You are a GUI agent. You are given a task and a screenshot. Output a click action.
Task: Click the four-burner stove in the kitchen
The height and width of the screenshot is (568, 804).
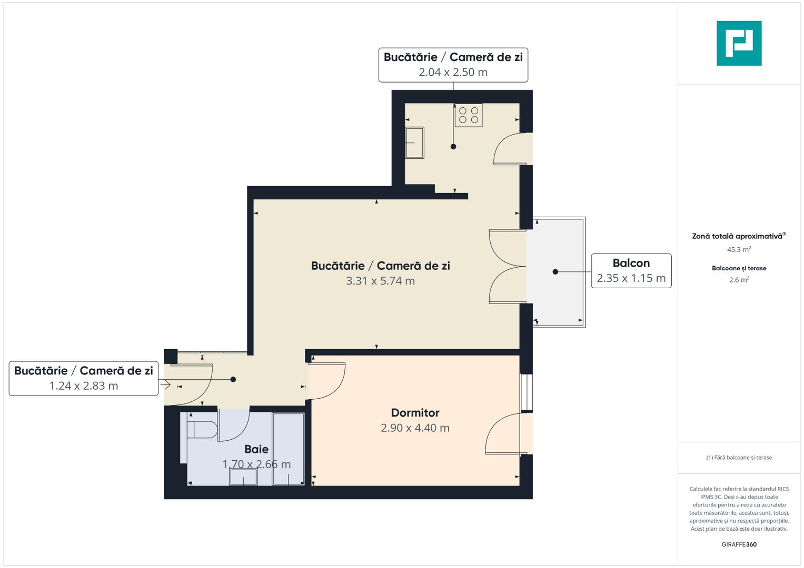[x=468, y=115]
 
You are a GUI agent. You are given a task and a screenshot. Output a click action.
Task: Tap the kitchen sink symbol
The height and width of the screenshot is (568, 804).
[x=414, y=143]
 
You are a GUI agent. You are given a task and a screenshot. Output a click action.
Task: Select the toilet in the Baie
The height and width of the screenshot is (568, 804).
[x=203, y=429]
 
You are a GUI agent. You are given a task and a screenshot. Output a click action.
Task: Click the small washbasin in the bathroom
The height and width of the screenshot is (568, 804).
[x=243, y=477]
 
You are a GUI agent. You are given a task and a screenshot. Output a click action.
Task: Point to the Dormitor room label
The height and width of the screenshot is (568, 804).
[x=415, y=413]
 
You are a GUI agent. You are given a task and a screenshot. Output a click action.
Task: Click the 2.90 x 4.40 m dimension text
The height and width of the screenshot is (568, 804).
[x=415, y=428]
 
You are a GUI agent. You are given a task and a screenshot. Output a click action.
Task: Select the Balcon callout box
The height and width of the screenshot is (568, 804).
[x=631, y=271]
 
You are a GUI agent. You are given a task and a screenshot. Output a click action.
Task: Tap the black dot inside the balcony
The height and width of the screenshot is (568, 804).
[x=555, y=272]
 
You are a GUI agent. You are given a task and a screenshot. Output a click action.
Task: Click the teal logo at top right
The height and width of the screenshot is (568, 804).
[x=739, y=43]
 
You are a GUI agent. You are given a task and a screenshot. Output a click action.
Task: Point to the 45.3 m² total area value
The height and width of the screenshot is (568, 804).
[x=739, y=250]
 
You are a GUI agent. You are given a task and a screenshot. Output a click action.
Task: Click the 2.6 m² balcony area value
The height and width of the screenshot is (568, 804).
[x=739, y=280]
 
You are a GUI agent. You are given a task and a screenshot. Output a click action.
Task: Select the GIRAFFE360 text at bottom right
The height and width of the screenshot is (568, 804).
[x=739, y=544]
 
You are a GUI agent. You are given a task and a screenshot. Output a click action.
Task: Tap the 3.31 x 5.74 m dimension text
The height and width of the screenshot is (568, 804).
[x=380, y=281]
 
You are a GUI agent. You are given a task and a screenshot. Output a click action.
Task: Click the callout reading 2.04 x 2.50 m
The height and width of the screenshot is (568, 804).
[x=453, y=65]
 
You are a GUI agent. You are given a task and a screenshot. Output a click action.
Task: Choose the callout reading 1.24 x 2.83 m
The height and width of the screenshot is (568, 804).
[x=84, y=378]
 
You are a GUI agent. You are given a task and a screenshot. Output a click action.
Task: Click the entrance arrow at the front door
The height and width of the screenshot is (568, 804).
[x=165, y=385]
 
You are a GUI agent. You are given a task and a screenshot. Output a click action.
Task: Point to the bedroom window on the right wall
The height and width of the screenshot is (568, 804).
[x=526, y=392]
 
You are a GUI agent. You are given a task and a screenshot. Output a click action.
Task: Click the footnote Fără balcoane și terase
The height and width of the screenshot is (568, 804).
[x=739, y=458]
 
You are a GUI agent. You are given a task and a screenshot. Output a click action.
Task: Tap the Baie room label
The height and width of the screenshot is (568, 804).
[x=256, y=449]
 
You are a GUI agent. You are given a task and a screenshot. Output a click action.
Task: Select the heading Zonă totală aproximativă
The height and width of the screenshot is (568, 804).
[x=737, y=236]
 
